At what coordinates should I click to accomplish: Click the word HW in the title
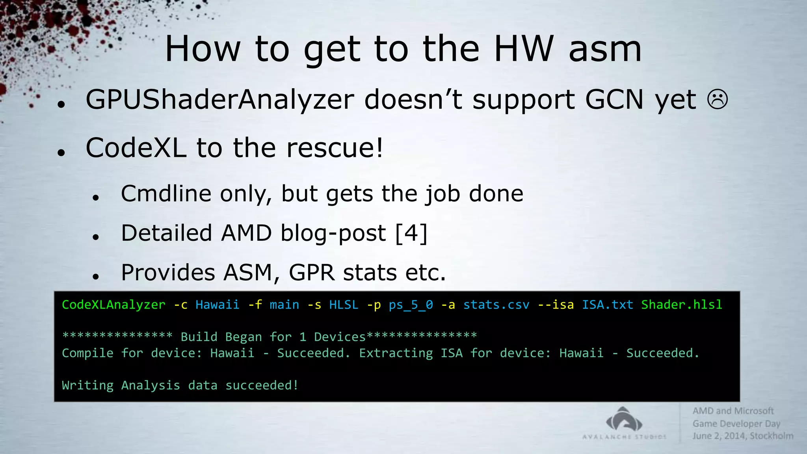coord(524,49)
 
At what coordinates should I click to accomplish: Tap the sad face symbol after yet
coord(718,100)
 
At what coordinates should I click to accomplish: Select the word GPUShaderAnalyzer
coord(219,100)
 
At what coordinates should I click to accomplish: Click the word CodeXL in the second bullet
coord(136,148)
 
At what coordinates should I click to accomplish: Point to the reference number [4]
coord(411,233)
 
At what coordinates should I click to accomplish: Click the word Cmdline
coord(166,194)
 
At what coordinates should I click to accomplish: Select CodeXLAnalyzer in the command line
coord(113,305)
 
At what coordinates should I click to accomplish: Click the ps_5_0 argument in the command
coord(411,305)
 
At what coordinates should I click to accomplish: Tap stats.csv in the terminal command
coord(496,305)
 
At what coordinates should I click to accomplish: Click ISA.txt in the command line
coord(607,305)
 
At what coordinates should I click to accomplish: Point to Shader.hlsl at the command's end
coord(682,305)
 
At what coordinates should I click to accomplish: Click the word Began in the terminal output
coord(243,337)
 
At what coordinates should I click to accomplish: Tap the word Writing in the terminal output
coord(87,385)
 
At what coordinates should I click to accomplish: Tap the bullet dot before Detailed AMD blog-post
coord(96,237)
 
